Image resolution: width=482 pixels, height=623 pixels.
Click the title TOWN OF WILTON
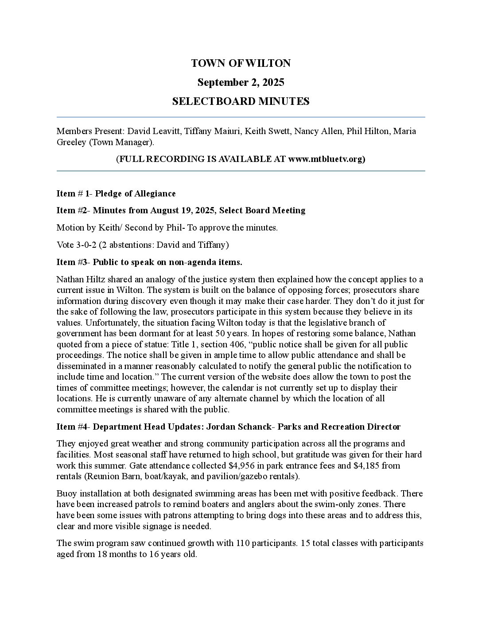(x=241, y=63)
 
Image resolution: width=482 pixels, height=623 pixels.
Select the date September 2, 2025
(x=241, y=82)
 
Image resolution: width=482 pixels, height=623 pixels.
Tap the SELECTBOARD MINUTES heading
(x=241, y=101)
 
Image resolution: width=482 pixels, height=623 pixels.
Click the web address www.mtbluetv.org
(x=326, y=159)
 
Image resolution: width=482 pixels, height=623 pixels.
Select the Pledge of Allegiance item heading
(x=135, y=193)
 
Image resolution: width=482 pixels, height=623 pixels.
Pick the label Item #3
(x=72, y=262)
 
